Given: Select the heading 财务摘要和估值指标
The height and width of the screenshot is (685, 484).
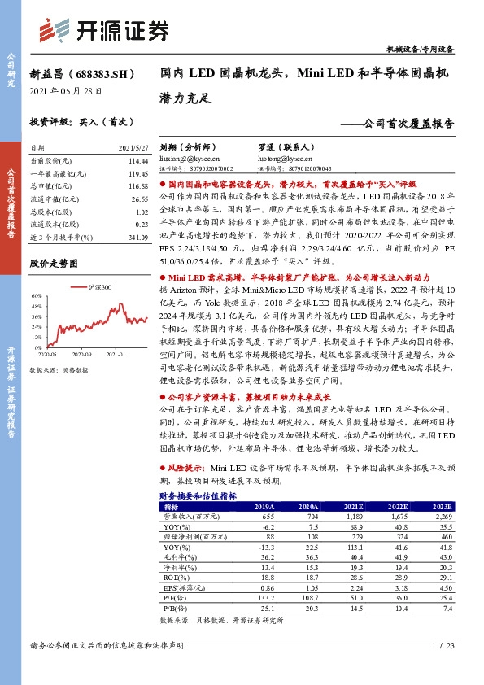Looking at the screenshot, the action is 198,495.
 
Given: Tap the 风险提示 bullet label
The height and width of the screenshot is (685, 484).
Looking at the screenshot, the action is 184,469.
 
